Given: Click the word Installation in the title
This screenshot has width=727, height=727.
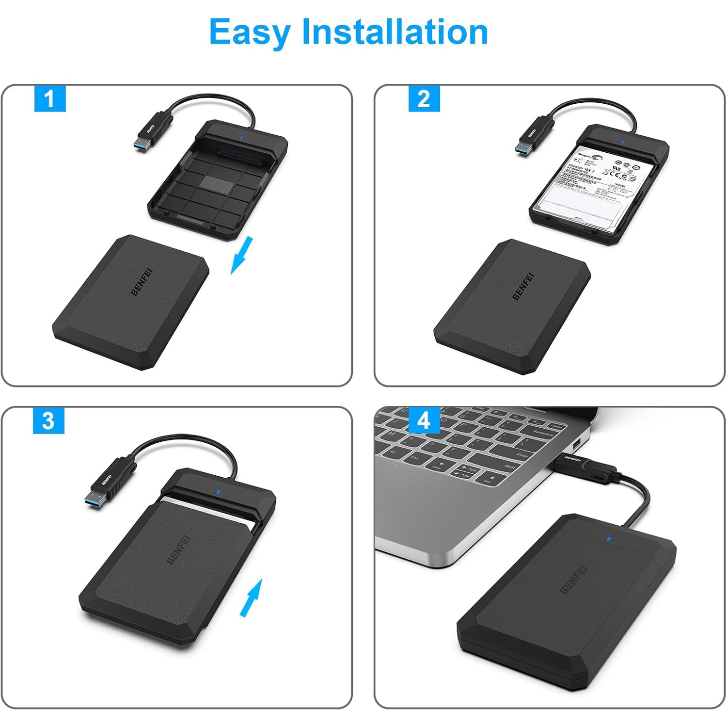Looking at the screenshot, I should [395, 32].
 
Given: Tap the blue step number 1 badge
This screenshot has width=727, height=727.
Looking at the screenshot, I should [49, 99].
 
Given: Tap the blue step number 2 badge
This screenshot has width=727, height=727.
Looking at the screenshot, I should [424, 99].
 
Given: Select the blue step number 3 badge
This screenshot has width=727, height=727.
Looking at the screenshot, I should [48, 420].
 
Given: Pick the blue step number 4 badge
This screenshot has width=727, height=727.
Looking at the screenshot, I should [424, 420].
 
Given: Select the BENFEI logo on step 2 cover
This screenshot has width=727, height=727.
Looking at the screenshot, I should [522, 286].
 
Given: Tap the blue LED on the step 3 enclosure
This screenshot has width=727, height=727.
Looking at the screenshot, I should [218, 491].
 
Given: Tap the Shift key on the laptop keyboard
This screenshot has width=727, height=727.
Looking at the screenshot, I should [509, 467].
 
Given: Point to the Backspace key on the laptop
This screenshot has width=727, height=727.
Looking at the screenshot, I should [542, 433].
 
